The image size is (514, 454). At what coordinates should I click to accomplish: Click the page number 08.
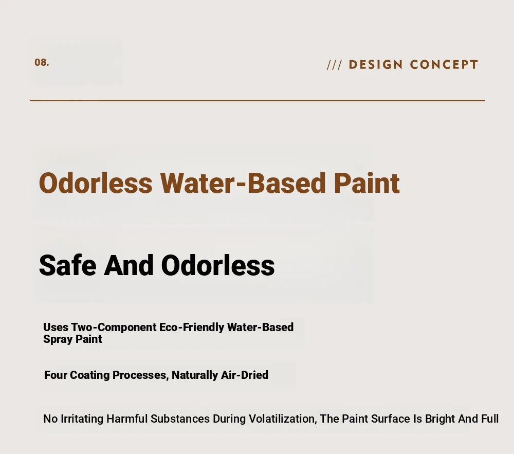[42, 62]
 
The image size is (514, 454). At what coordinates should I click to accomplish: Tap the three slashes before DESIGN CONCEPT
[335, 65]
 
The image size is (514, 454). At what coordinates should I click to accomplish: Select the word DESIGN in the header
[376, 65]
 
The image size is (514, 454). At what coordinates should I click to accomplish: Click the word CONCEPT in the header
[444, 65]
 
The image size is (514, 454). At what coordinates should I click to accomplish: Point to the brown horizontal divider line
[258, 101]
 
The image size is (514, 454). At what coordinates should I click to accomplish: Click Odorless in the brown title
[96, 183]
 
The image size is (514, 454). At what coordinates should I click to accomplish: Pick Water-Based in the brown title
[243, 183]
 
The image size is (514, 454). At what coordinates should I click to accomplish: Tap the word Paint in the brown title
[367, 183]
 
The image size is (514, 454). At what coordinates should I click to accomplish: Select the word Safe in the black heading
[68, 265]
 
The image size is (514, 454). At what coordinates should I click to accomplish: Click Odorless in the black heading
[218, 265]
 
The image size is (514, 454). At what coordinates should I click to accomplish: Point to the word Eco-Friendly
[191, 327]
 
